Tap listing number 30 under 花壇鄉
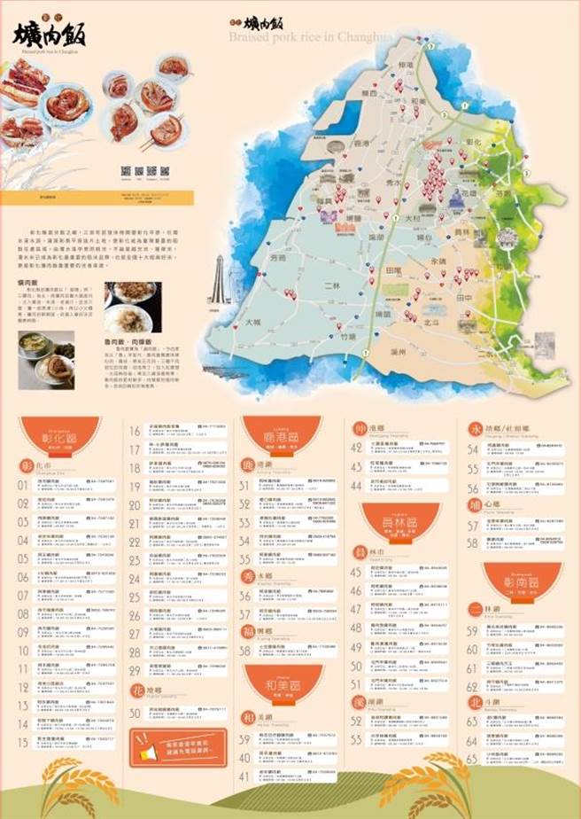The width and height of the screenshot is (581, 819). (136, 713)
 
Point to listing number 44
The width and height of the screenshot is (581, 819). (357, 486)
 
